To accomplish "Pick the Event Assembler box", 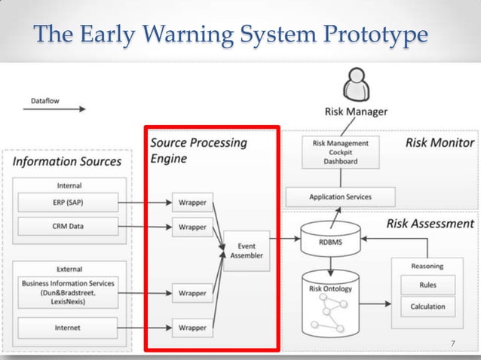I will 247,251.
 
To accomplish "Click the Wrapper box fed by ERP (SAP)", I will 192,202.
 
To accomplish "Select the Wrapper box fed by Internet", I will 192,328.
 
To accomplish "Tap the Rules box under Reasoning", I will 427,285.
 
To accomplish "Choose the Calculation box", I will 427,307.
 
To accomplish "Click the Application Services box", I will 340,197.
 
